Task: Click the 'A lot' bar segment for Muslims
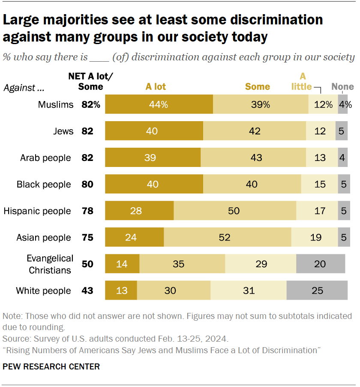tap(159, 104)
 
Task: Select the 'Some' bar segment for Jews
tap(255, 131)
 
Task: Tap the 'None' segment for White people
tap(317, 291)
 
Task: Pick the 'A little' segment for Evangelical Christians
tap(261, 264)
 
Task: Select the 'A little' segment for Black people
tap(319, 184)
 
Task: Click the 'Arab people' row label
tap(45, 158)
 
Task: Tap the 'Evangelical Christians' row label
tap(50, 264)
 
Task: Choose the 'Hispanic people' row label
tap(37, 211)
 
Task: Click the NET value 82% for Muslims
tap(90, 105)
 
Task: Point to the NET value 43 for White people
tap(87, 291)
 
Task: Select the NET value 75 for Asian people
tap(87, 238)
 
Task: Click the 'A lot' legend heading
tap(156, 86)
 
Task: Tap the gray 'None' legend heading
tap(343, 86)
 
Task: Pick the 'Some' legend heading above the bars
tap(257, 86)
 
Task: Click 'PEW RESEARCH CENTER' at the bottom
tap(51, 367)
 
